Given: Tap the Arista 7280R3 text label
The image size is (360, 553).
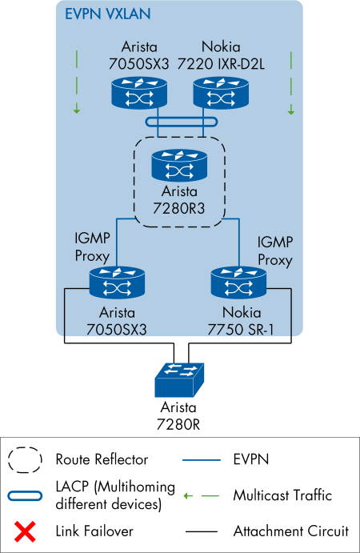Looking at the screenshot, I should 180,201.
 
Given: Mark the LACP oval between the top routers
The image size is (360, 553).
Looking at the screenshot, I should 180,122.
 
